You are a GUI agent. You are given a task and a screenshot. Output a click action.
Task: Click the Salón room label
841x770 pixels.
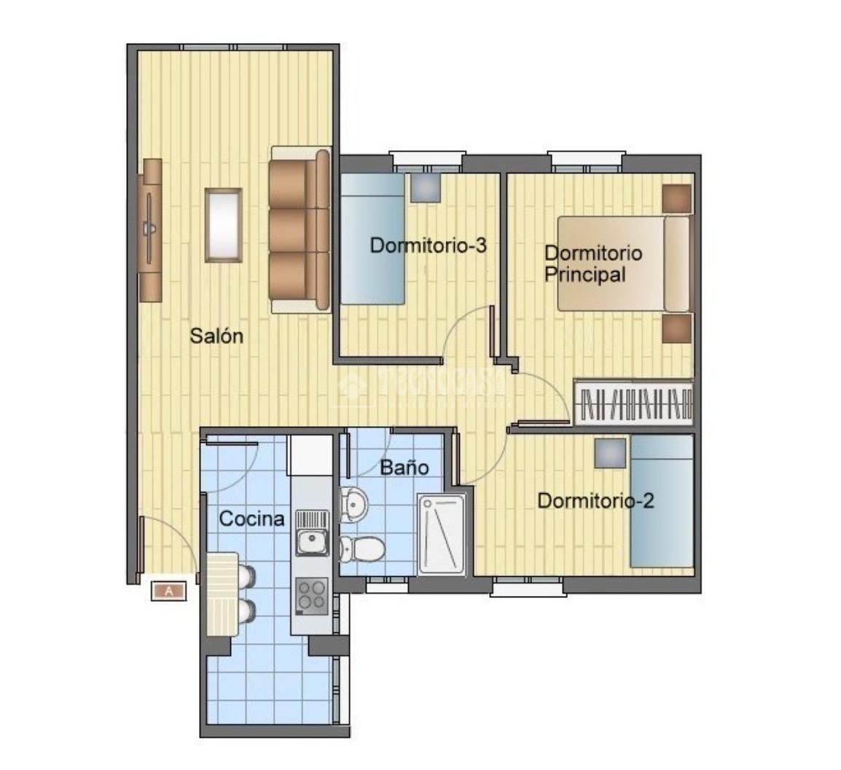coord(216,337)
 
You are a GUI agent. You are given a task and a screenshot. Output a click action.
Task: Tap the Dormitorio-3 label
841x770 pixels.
coord(428,245)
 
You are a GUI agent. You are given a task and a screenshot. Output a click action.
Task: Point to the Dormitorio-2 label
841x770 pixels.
coord(595,501)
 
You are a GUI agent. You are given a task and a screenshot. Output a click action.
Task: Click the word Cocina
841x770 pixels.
coord(251,519)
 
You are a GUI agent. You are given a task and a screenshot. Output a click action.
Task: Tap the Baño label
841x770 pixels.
coord(404,467)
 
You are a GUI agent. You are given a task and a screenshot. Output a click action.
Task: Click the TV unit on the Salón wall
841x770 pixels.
coord(151,229)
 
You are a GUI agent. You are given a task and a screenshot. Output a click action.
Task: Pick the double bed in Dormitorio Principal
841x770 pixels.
coord(624,264)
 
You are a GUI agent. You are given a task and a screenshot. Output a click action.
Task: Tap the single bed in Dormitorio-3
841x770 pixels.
coord(373,239)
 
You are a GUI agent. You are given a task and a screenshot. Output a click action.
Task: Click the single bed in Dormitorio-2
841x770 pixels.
coord(661,501)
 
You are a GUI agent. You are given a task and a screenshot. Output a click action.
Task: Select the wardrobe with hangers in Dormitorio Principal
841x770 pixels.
coord(633,401)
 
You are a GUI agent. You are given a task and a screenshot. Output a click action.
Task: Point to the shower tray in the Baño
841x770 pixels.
coord(441,534)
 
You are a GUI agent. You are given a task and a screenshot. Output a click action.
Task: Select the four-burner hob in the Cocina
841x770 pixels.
coord(311,593)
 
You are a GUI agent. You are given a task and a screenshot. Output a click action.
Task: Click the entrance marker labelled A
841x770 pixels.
coord(170,592)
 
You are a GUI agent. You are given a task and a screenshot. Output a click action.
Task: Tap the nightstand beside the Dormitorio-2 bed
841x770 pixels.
coord(610,453)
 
